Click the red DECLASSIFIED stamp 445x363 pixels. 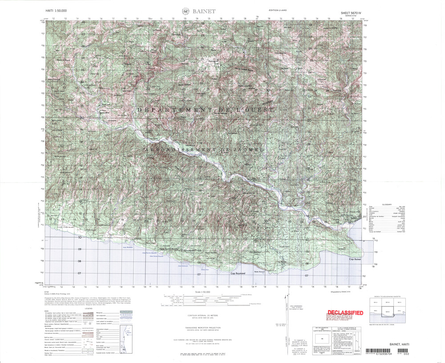[344, 313]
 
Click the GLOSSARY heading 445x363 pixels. [387, 205]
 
